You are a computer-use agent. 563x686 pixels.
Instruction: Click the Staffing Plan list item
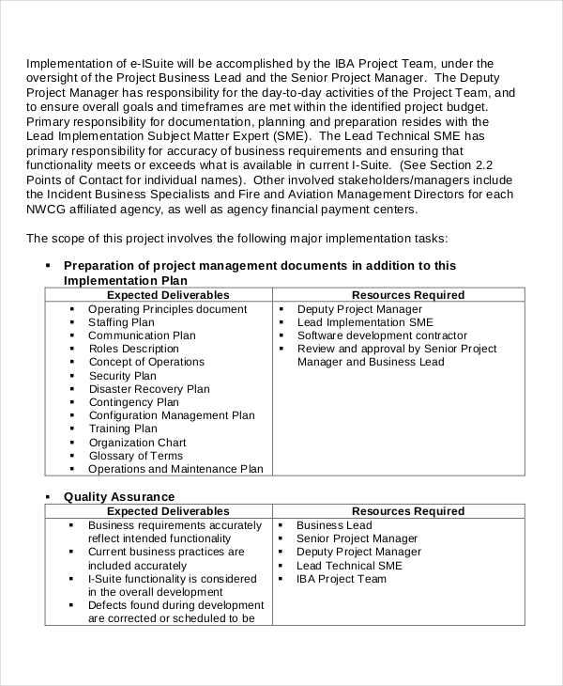(x=120, y=322)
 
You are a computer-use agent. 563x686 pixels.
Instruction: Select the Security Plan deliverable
(x=122, y=376)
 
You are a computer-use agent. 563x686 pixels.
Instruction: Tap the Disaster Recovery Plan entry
(x=149, y=389)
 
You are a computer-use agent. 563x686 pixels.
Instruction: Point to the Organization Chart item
(x=137, y=443)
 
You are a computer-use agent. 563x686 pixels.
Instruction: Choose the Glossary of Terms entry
(x=135, y=456)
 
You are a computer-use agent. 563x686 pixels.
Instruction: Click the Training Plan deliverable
(x=123, y=429)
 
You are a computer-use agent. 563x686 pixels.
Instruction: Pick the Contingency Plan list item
(x=133, y=402)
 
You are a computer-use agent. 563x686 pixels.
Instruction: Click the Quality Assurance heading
(x=119, y=496)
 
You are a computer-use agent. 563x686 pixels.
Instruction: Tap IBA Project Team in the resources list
(x=342, y=579)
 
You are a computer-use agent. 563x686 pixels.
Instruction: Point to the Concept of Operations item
(x=146, y=362)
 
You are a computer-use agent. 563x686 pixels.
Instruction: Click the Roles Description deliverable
(x=133, y=349)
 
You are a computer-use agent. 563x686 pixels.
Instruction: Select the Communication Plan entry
(x=142, y=335)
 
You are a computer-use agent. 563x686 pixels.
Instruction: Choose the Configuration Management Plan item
(x=172, y=415)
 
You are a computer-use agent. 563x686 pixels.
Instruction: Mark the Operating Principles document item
(x=167, y=309)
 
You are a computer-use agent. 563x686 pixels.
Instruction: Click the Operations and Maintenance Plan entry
(x=175, y=469)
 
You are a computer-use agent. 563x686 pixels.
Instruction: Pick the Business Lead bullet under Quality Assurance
(x=334, y=525)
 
